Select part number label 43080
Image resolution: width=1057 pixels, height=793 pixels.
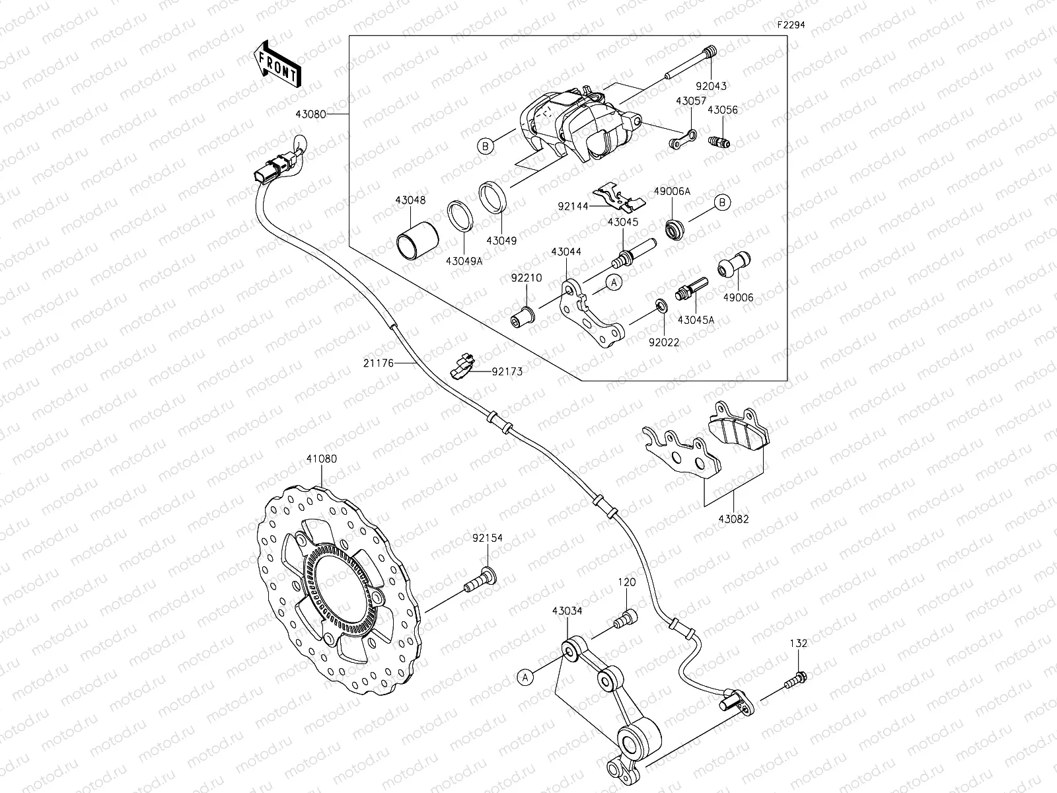pos(328,114)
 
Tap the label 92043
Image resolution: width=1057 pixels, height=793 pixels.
pos(710,86)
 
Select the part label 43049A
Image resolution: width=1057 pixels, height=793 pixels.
pos(464,261)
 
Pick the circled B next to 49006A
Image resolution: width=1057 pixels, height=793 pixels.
pos(723,202)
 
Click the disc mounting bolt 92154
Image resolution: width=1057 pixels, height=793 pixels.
pos(480,580)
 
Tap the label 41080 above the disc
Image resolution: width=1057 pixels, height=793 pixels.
pos(321,458)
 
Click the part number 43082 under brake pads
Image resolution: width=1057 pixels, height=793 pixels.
pos(733,519)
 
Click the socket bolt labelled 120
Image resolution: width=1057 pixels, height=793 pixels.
pos(624,619)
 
